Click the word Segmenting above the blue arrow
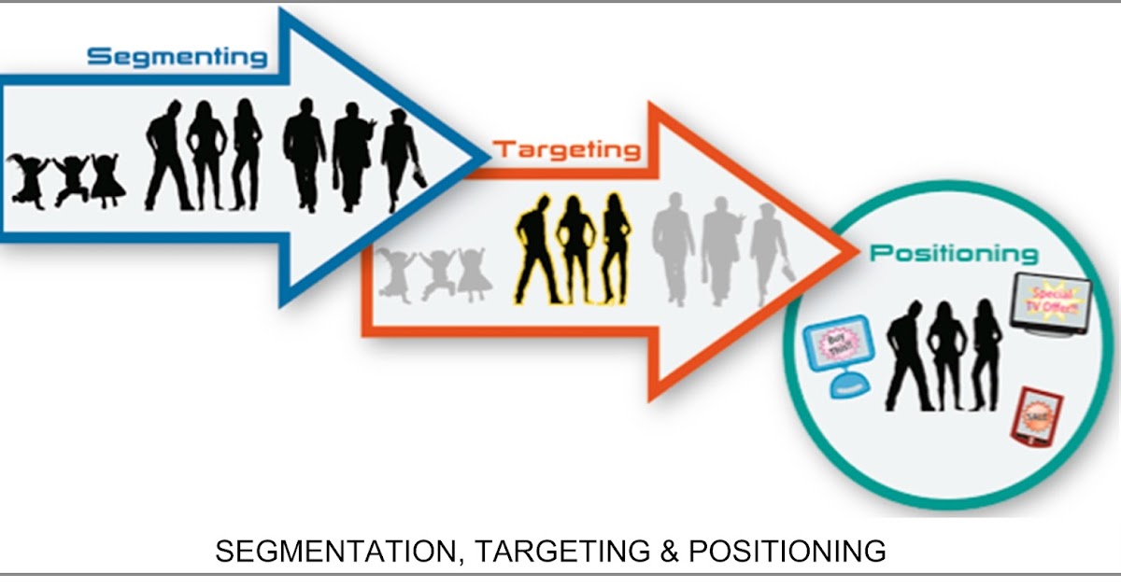point(177,57)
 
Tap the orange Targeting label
point(567,148)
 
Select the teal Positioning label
point(954,254)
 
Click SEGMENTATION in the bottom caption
point(333,552)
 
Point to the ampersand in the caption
point(668,552)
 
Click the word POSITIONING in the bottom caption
point(787,552)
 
